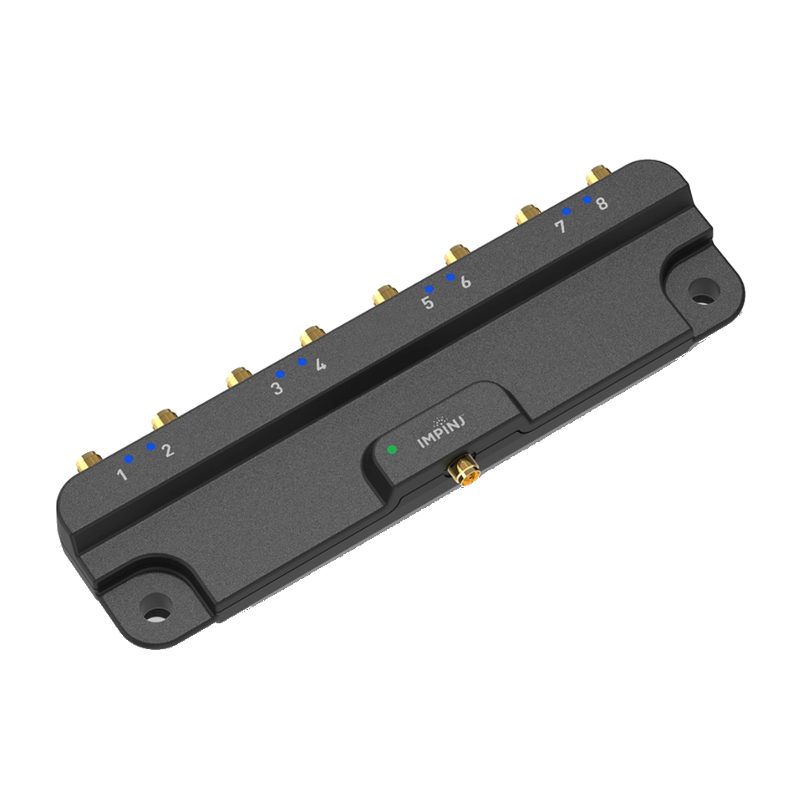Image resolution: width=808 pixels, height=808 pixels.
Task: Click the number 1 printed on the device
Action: tap(123, 473)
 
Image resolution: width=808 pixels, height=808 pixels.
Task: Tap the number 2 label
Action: tap(168, 450)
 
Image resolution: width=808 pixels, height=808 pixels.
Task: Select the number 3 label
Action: tap(277, 388)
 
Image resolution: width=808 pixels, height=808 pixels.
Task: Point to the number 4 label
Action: tap(321, 363)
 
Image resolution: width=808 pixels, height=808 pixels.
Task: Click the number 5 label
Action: tap(428, 302)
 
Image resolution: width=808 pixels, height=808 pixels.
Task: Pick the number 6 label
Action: tap(465, 282)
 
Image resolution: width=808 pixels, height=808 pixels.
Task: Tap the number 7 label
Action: tap(562, 226)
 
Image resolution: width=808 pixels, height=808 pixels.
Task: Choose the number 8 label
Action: tap(602, 203)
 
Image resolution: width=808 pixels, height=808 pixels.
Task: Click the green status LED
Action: tap(393, 450)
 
